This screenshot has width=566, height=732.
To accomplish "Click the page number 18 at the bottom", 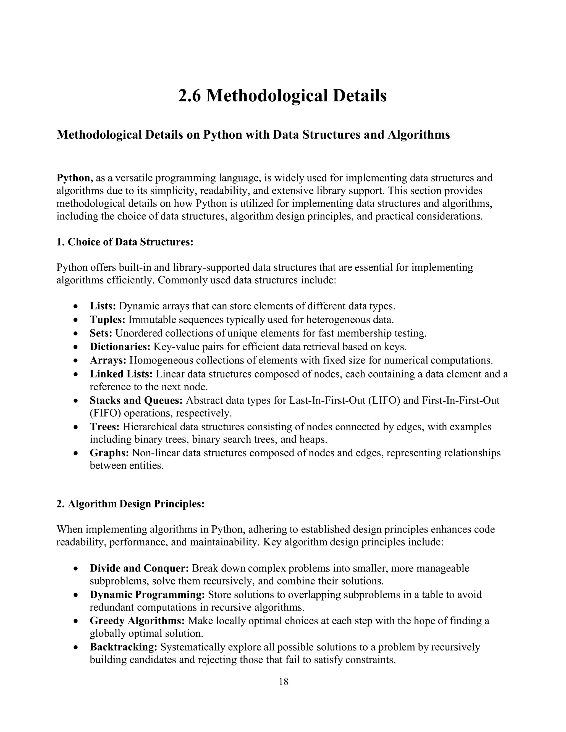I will [283, 682].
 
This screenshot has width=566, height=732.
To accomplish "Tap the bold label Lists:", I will [103, 306].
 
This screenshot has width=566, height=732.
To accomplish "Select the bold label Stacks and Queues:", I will [136, 400].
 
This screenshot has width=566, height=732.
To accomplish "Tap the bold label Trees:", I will [105, 427].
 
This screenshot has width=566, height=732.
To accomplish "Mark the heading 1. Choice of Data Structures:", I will [125, 242].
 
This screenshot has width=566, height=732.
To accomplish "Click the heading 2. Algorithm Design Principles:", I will [130, 504].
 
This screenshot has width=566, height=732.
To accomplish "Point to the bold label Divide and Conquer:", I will [140, 568].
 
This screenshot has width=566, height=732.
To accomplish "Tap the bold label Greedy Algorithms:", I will [137, 621].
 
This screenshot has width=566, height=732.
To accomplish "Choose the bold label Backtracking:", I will [123, 647].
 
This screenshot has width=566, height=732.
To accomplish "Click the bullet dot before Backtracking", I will [77, 648].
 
